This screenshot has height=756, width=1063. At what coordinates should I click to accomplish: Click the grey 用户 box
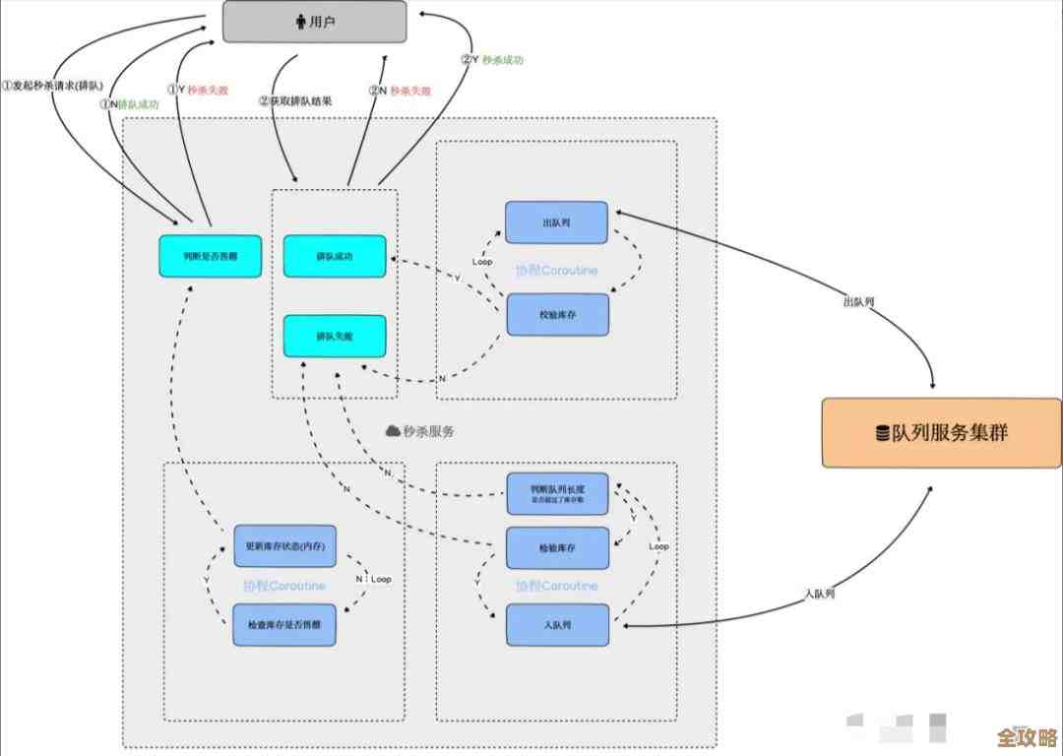click(315, 22)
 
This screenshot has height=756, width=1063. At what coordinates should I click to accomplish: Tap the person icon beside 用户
click(300, 22)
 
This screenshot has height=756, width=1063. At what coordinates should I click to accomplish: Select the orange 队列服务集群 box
click(942, 432)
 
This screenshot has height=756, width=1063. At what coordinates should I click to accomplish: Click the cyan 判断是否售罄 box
click(211, 256)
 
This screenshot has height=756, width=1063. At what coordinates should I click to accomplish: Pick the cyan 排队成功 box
click(335, 256)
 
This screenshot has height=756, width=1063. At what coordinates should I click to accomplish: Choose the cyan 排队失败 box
click(335, 336)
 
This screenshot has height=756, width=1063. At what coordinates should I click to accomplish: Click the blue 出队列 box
click(557, 222)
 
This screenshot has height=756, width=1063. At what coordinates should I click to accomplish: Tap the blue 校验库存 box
click(557, 314)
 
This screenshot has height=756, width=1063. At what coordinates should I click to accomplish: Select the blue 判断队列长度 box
click(557, 493)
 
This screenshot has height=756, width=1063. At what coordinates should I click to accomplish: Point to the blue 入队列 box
click(557, 625)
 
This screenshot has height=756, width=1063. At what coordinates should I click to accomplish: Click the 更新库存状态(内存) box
click(285, 545)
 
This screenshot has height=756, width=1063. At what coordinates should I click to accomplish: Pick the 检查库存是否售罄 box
click(285, 625)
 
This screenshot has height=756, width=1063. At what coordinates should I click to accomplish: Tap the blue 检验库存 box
click(557, 547)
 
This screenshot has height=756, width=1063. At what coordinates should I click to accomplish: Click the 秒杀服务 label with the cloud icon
click(420, 431)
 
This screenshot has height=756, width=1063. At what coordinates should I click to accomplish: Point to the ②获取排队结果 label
click(294, 100)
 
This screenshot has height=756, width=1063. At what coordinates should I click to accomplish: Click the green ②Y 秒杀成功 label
click(491, 59)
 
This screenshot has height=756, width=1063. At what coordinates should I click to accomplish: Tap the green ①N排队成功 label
click(129, 103)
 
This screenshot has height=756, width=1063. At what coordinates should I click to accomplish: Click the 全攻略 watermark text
click(1026, 737)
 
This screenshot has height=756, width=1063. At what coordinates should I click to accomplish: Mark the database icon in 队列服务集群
click(883, 433)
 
